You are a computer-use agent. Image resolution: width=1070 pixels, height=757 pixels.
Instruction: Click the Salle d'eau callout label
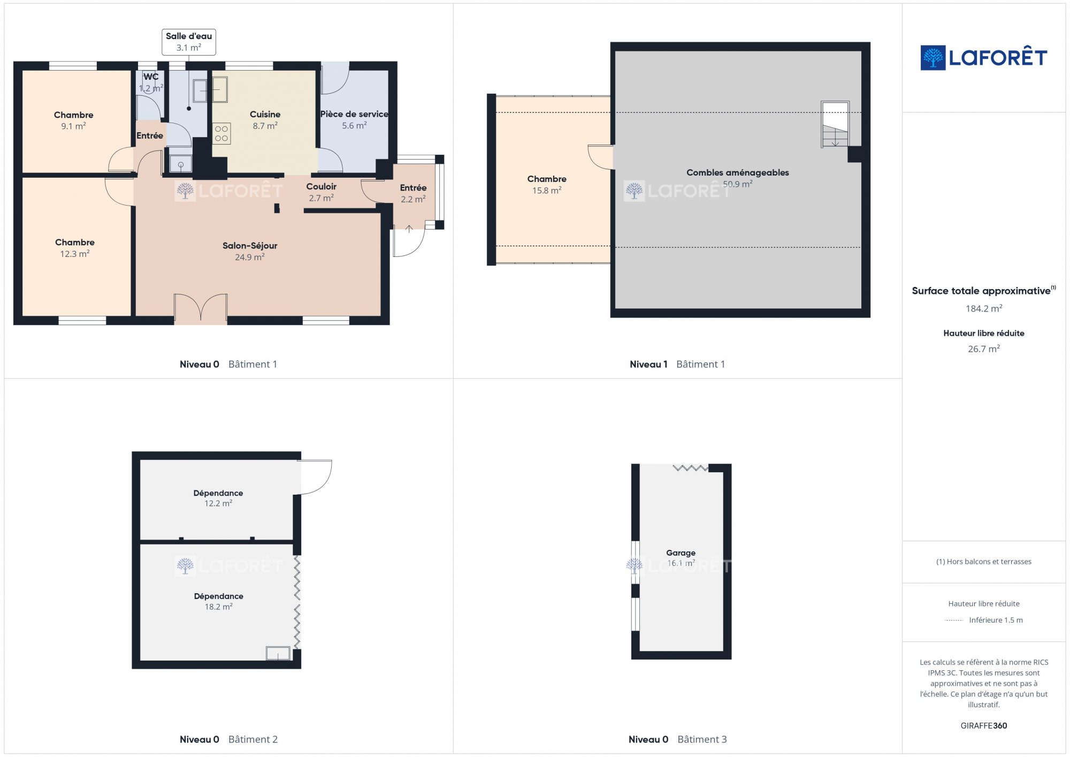tap(189, 42)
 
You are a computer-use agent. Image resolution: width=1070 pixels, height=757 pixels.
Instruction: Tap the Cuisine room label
tap(265, 120)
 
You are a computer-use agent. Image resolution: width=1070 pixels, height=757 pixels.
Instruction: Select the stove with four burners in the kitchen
tap(221, 134)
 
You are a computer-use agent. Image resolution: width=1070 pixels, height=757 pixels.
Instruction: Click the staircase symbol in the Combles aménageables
tap(835, 124)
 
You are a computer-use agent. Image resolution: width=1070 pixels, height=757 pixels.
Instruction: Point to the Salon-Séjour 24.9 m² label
tap(250, 251)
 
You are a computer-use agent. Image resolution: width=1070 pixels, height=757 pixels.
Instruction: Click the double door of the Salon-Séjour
tap(201, 308)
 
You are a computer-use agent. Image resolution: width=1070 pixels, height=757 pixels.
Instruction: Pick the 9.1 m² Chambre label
tap(73, 120)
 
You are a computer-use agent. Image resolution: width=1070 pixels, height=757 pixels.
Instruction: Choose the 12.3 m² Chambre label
tap(75, 248)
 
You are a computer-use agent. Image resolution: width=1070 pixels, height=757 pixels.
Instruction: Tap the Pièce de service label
tap(354, 119)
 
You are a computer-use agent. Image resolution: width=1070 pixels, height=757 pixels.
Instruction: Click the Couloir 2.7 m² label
tap(321, 192)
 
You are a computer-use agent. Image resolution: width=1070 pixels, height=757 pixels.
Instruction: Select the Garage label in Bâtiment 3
tap(681, 558)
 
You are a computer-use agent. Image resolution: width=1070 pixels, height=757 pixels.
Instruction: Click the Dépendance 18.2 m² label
tap(218, 601)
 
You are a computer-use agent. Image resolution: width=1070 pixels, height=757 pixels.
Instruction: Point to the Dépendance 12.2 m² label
tap(218, 498)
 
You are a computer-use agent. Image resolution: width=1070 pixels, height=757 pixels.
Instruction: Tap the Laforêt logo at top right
tap(983, 58)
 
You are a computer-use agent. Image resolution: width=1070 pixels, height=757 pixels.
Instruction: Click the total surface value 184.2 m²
tap(984, 308)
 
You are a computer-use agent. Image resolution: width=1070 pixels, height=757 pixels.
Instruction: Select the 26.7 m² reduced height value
tap(984, 349)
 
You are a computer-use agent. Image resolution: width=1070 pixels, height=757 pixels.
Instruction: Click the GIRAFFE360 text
tap(983, 726)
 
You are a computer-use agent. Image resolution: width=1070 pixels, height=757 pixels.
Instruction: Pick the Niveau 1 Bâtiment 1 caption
tap(677, 364)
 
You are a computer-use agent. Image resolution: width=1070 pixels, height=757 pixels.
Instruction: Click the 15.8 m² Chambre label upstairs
tap(547, 185)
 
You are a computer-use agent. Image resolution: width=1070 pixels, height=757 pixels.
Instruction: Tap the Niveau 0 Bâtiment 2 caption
tap(228, 739)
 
